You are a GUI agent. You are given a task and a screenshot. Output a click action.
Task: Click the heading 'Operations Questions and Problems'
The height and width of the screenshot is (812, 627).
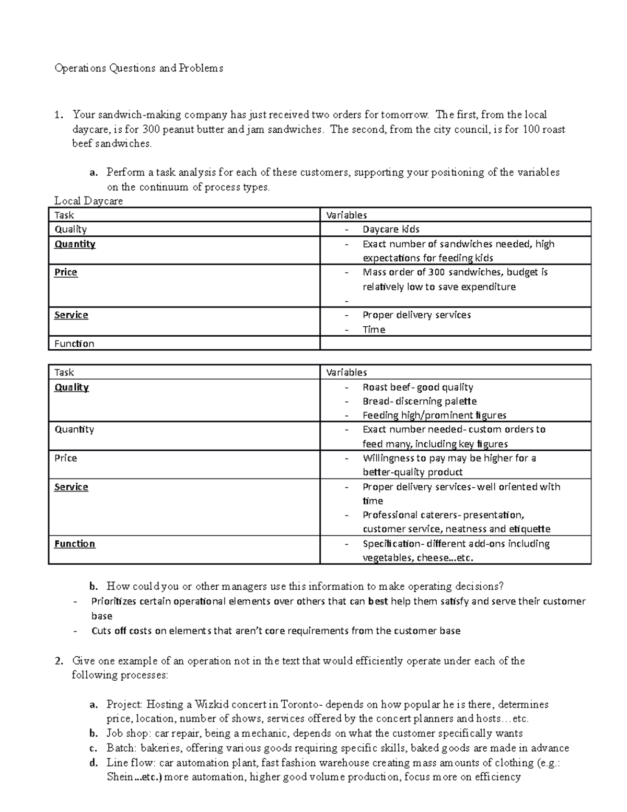138,68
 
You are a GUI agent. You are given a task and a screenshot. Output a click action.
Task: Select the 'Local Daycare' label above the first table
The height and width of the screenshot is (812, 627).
88,201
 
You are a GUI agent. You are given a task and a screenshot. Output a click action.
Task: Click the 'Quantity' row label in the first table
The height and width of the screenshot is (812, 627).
75,244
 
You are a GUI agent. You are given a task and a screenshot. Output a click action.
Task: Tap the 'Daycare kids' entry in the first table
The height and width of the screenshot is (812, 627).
391,229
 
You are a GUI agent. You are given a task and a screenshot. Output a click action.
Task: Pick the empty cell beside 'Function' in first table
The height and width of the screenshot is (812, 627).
455,344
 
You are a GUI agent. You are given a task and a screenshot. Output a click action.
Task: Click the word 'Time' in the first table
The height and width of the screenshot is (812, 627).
374,329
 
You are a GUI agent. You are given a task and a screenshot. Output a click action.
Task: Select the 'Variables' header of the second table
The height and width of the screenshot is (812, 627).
346,372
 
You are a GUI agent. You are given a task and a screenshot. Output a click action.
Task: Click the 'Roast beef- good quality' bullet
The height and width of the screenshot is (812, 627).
417,387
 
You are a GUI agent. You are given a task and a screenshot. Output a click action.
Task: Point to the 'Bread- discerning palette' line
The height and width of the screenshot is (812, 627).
420,401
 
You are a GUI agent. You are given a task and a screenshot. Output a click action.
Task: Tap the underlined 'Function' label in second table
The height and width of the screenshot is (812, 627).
75,544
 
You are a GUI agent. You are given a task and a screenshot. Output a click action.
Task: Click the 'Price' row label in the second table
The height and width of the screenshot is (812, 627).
65,458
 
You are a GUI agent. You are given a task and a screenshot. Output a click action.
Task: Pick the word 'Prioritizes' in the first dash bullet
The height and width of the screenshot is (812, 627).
113,601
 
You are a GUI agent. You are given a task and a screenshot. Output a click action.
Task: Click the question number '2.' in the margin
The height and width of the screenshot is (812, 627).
59,661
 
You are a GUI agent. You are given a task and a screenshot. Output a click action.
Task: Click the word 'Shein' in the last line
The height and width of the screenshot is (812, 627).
120,777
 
